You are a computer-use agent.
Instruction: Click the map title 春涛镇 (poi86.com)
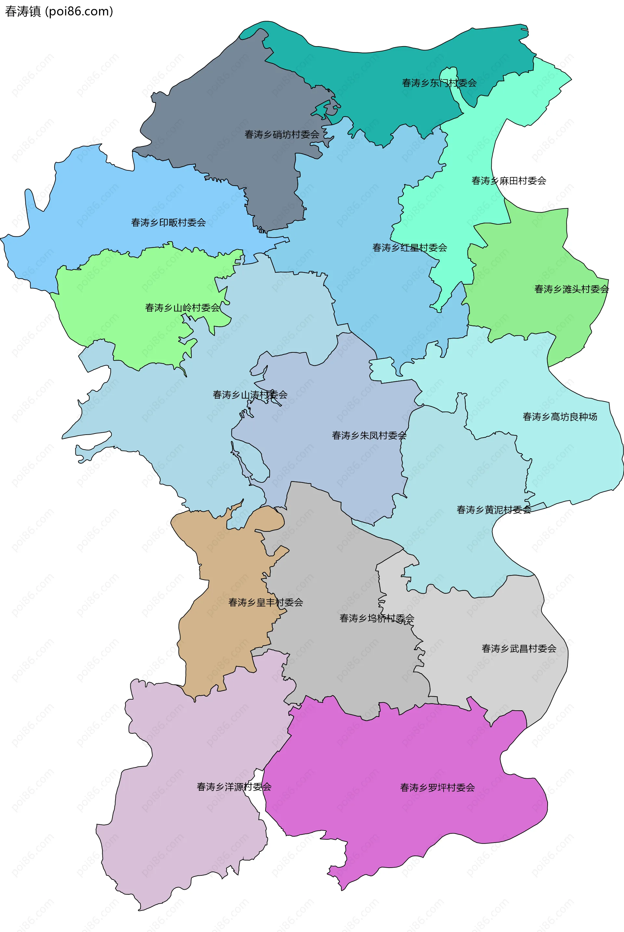tap(59, 11)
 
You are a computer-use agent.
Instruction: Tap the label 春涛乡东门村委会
tap(439, 83)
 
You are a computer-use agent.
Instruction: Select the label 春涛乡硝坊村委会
tap(282, 135)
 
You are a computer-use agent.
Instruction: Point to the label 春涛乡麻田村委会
tap(509, 181)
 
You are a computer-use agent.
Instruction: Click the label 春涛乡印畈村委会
tap(168, 222)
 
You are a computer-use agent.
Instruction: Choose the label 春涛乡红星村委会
tap(409, 247)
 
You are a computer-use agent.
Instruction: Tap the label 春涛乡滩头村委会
tap(571, 289)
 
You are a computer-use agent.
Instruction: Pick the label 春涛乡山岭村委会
tap(182, 308)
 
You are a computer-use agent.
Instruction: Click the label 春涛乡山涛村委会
tap(250, 395)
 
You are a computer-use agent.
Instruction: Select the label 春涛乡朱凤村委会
tap(369, 435)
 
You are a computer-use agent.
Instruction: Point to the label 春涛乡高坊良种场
tap(560, 417)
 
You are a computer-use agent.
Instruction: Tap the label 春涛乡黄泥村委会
tap(493, 510)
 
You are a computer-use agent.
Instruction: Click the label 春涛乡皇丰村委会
tap(266, 602)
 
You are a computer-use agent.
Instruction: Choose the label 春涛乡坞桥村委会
tap(376, 618)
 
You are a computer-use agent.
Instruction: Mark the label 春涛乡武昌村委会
tap(519, 649)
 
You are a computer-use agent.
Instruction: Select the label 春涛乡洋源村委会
tap(234, 787)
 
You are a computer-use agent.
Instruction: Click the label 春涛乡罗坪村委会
tap(437, 788)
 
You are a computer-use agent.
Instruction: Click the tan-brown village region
tap(223, 645)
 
